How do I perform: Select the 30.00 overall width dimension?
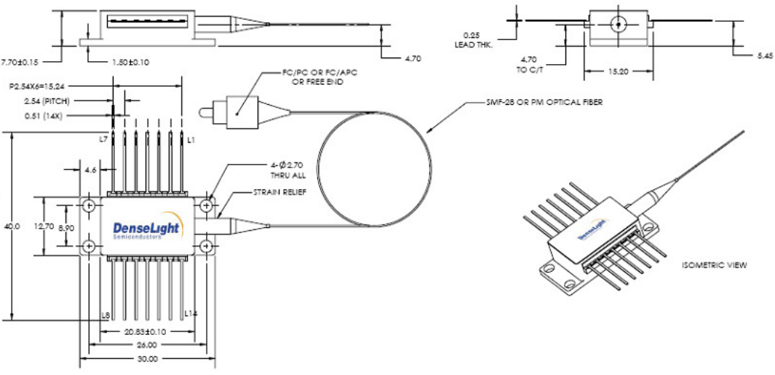(x=147, y=359)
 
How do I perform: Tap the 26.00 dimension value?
(x=147, y=345)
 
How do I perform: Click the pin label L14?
(x=191, y=313)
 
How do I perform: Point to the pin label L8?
(x=106, y=315)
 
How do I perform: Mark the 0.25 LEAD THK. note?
(x=477, y=39)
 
